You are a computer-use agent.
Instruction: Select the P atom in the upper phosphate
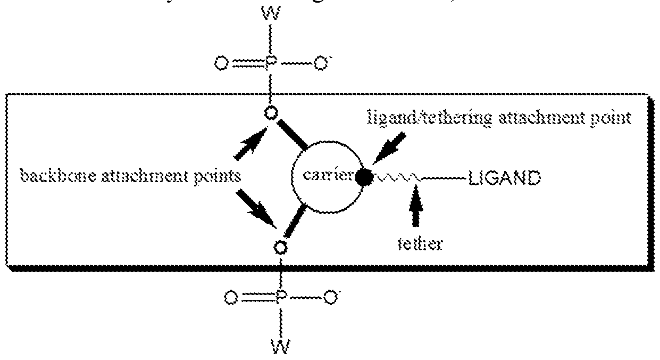pyautogui.click(x=271, y=65)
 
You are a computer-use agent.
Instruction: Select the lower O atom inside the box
pyautogui.click(x=280, y=247)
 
